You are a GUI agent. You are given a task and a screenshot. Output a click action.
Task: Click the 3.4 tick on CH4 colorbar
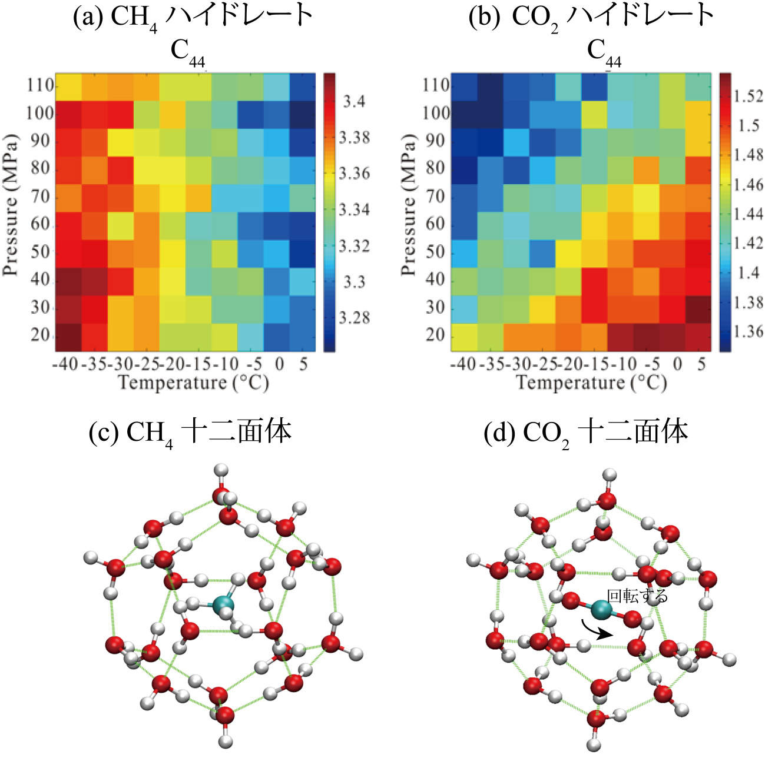coord(354,102)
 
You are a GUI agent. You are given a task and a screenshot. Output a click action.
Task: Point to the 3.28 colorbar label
coord(354,318)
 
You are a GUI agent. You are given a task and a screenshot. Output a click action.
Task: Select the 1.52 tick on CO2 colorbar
coord(748,96)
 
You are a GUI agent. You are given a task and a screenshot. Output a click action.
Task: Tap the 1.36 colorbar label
coord(748,331)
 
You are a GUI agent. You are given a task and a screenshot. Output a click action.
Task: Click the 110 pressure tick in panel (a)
coord(40,85)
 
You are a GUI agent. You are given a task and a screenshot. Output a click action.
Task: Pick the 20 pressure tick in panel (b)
coord(435,335)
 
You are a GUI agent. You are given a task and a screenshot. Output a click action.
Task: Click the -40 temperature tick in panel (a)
coord(65,364)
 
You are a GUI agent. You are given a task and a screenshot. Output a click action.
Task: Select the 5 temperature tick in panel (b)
coord(701,364)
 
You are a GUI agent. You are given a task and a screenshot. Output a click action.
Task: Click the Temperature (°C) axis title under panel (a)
coord(193,383)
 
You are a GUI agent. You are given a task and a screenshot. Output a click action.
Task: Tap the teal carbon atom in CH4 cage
coord(223,605)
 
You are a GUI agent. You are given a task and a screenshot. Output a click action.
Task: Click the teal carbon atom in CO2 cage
coord(601,610)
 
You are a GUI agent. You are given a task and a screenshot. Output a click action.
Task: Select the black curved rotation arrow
coord(596,630)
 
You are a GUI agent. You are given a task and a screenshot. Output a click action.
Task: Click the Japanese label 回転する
coord(637,596)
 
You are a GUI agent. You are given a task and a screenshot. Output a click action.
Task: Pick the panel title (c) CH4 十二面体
coord(190,433)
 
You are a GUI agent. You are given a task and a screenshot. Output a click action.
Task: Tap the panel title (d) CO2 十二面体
coord(585,433)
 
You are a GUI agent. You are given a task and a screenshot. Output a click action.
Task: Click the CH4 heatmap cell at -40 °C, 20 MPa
coord(68,337)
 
